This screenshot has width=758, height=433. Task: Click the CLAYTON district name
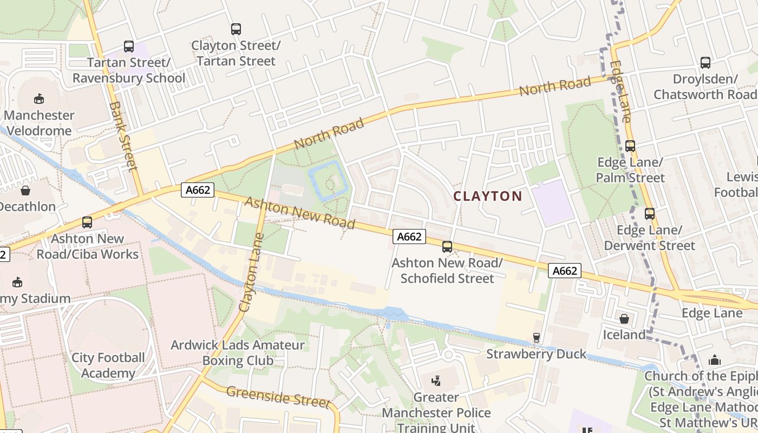pyautogui.click(x=487, y=196)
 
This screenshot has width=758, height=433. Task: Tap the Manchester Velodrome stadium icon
pyautogui.click(x=39, y=99)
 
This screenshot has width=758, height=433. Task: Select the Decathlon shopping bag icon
pyautogui.click(x=25, y=191)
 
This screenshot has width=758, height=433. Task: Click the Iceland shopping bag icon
pyautogui.click(x=624, y=319)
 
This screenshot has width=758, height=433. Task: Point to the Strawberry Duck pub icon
pyautogui.click(x=536, y=338)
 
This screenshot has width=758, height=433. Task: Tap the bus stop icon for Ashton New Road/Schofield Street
pyautogui.click(x=447, y=247)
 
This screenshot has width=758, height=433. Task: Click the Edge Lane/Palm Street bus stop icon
pyautogui.click(x=630, y=146)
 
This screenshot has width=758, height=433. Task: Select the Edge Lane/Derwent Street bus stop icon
pyautogui.click(x=649, y=214)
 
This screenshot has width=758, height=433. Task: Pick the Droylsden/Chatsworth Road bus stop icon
pyautogui.click(x=705, y=63)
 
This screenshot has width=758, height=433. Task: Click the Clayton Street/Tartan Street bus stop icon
pyautogui.click(x=236, y=29)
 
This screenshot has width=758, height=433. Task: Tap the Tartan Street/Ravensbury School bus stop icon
pyautogui.click(x=128, y=47)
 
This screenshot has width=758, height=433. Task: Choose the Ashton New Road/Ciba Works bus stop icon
pyautogui.click(x=87, y=222)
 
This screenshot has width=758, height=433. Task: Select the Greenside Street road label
pyautogui.click(x=278, y=397)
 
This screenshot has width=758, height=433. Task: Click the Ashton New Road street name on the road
pyautogui.click(x=299, y=212)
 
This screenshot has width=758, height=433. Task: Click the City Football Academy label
pyautogui.click(x=108, y=365)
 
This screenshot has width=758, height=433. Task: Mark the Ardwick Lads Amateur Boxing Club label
pyautogui.click(x=238, y=353)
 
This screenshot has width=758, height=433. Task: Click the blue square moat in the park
pyautogui.click(x=327, y=181)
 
